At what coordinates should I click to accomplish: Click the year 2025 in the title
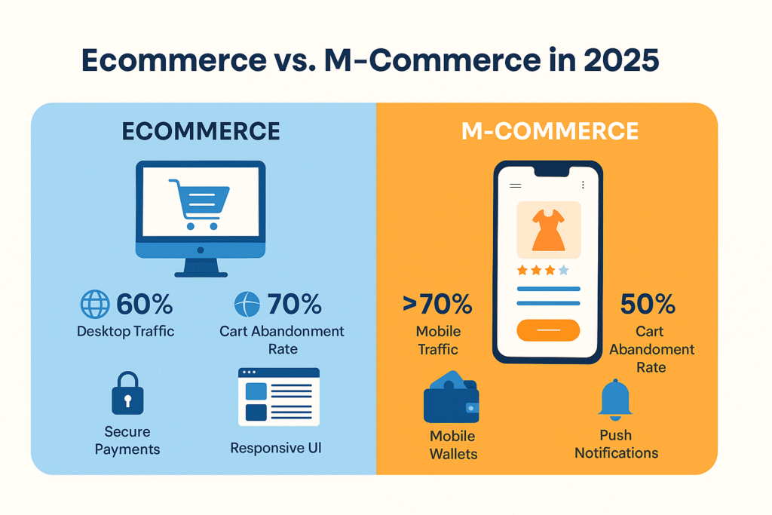coord(621,60)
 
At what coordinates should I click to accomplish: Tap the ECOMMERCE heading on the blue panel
coord(201,131)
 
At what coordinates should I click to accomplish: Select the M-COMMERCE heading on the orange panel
coord(550,131)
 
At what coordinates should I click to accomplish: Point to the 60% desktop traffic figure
coord(144,304)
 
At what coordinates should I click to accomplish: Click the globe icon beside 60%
coord(95,304)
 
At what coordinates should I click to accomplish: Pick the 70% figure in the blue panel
coord(295,304)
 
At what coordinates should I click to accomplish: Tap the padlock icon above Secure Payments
coord(127,393)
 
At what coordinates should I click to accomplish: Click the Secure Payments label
coord(127,440)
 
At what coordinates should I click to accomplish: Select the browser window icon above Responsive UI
coord(279,397)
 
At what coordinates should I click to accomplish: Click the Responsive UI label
coord(276,448)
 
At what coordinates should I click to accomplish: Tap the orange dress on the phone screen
coord(549,231)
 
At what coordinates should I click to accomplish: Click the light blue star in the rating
coord(564,270)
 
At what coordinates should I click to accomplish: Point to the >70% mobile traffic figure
coord(437,304)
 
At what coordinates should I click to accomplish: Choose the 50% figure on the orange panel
coord(648,304)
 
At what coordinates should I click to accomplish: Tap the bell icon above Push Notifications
coord(615,400)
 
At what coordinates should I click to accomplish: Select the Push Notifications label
coord(616,444)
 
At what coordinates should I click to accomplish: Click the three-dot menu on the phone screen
coord(583,185)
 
